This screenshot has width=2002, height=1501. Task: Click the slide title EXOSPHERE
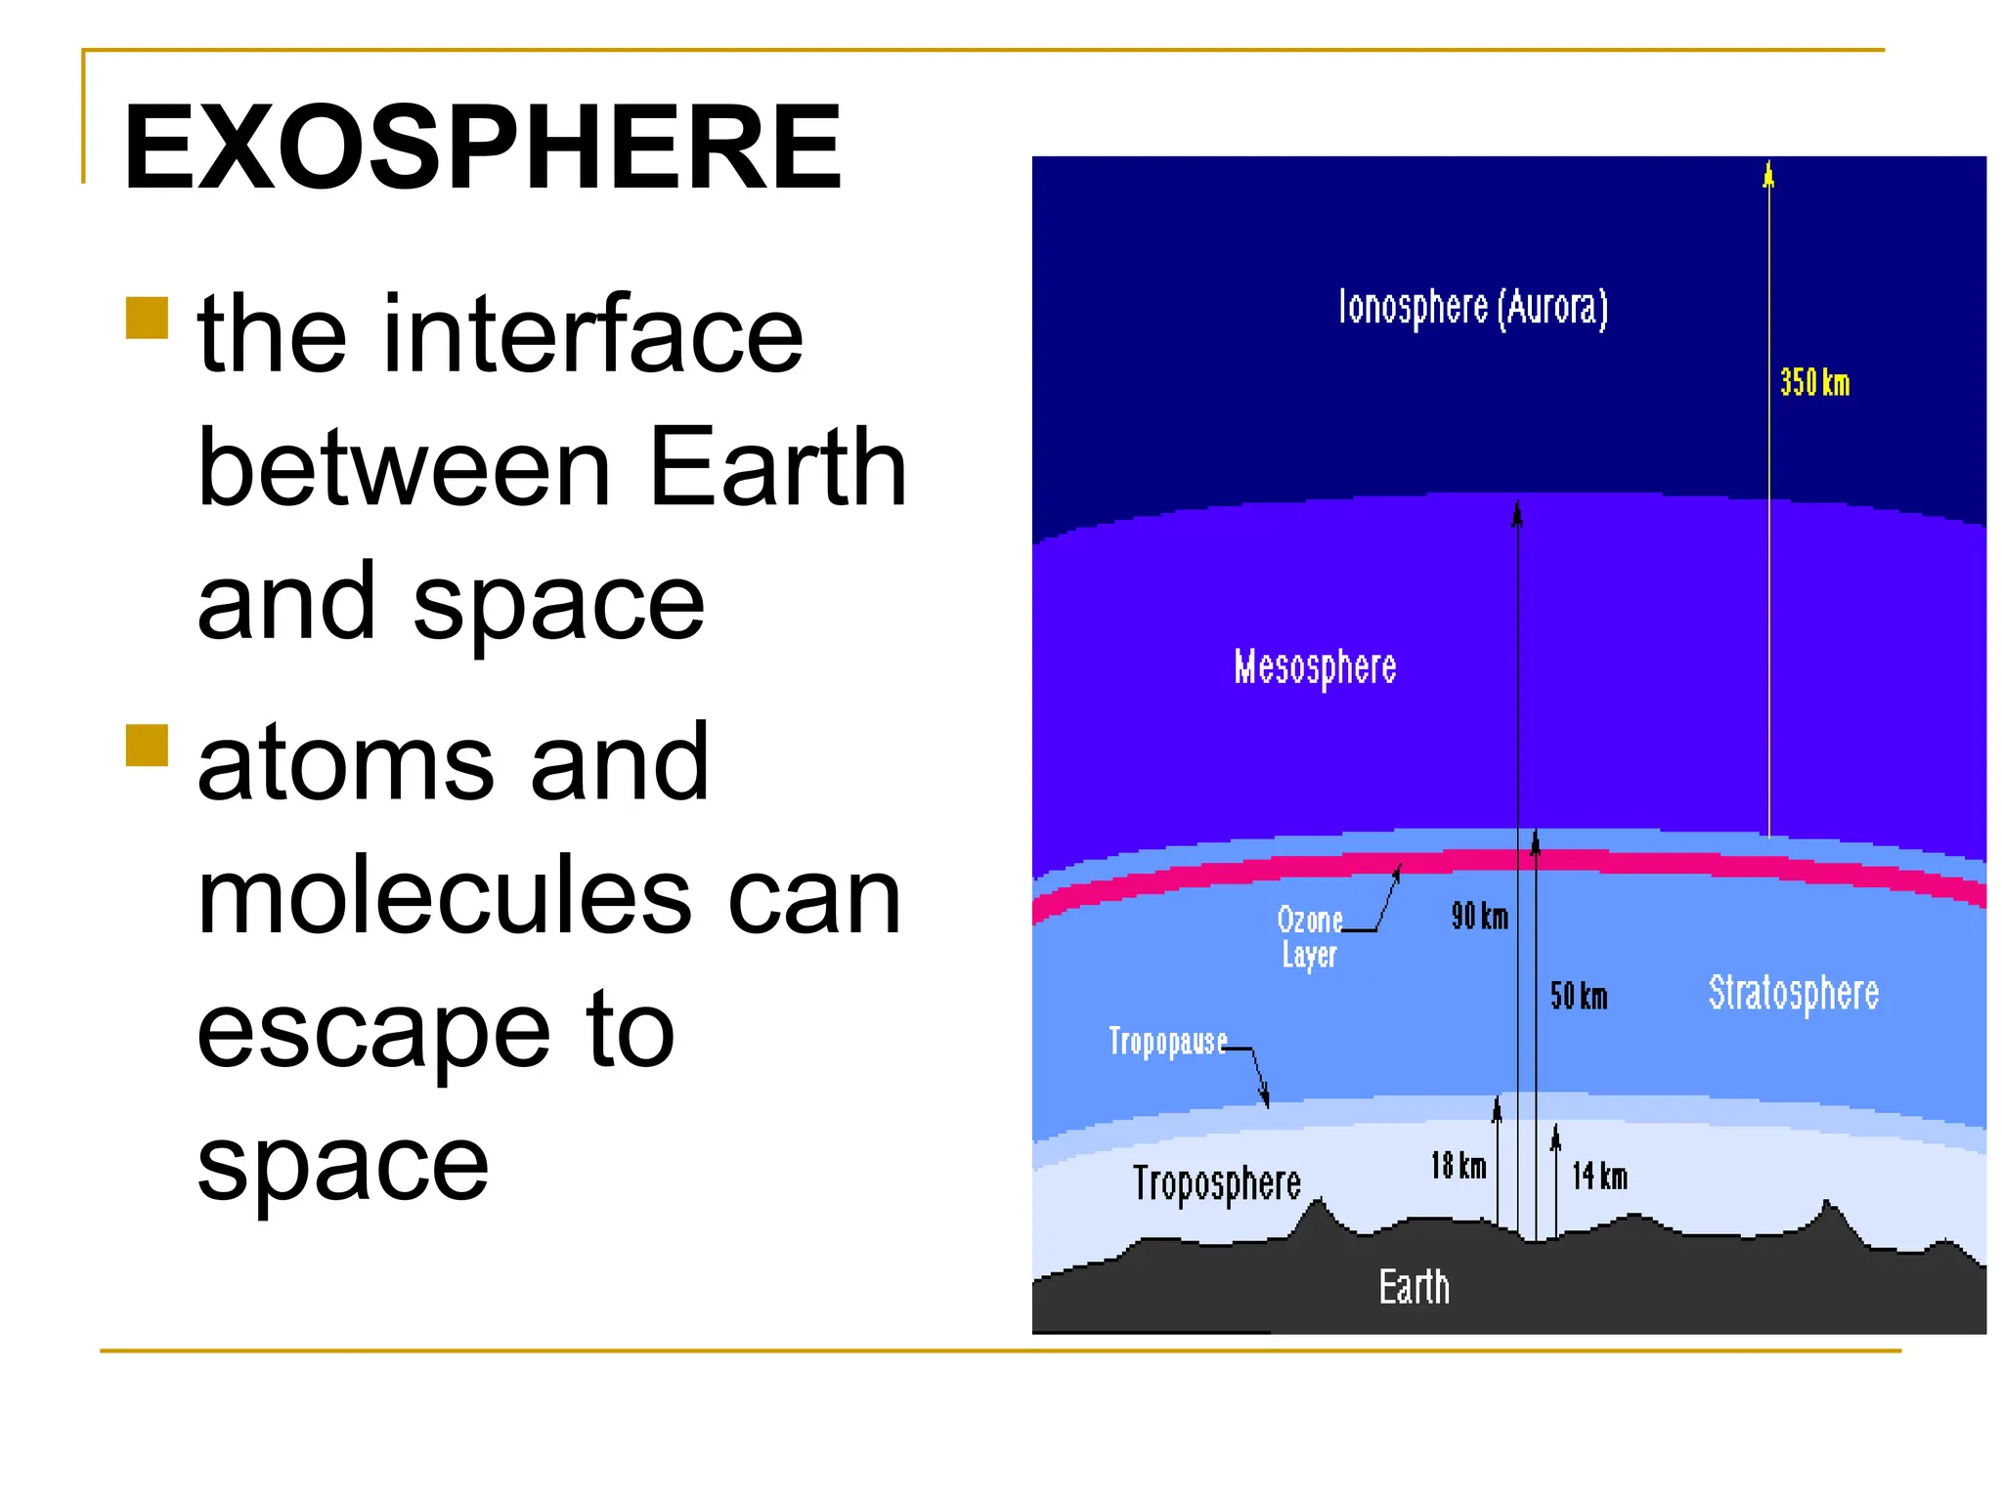coord(482,149)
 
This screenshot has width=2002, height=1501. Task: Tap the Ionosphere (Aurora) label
coord(1472,307)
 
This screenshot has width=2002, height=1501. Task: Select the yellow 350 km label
coord(1814,382)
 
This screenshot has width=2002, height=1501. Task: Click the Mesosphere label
coord(1315,667)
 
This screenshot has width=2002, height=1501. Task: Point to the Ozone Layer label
coord(1309,936)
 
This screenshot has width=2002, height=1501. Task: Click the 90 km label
coord(1479,917)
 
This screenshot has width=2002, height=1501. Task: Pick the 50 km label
coord(1578,997)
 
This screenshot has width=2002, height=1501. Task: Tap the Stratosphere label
coord(1793,993)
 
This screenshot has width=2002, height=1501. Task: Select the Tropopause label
coord(1167,1042)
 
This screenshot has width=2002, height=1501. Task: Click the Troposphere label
coord(1216,1183)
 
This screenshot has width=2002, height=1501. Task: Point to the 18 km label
coord(1458,1166)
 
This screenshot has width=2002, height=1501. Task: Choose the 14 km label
coord(1599,1177)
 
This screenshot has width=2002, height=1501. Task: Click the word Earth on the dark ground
coord(1414,1287)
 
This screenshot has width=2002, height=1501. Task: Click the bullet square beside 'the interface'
coord(148,318)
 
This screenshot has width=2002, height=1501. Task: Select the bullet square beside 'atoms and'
coord(148,745)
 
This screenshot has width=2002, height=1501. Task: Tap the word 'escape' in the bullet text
coord(373,1030)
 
